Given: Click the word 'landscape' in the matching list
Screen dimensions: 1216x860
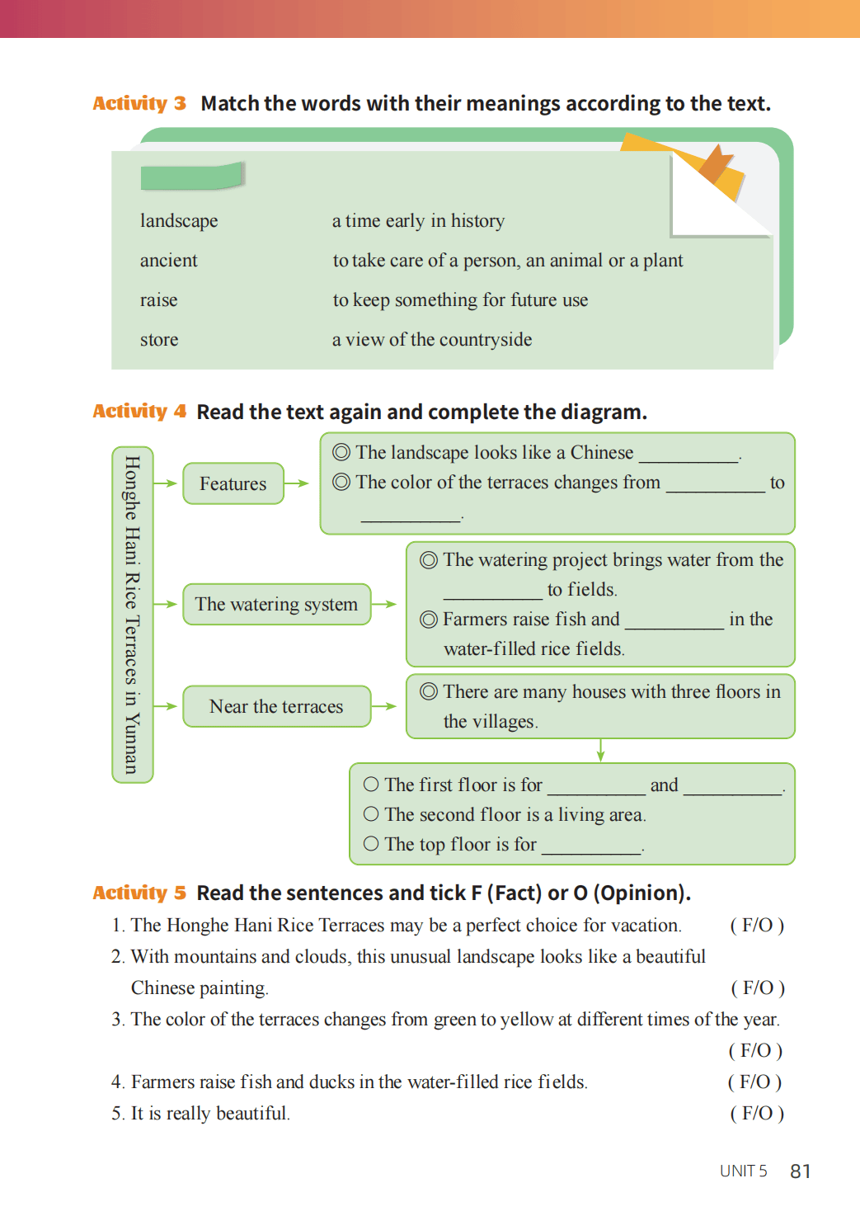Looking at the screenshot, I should pyautogui.click(x=179, y=221).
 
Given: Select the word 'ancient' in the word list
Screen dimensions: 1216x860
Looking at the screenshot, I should pyautogui.click(x=168, y=261).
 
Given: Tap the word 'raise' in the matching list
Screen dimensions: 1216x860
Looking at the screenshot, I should pyautogui.click(x=158, y=300).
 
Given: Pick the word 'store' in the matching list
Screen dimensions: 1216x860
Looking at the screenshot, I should pyautogui.click(x=159, y=340).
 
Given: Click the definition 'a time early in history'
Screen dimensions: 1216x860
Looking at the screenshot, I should pyautogui.click(x=418, y=221).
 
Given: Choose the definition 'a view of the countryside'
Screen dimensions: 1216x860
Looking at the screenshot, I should pyautogui.click(x=432, y=340).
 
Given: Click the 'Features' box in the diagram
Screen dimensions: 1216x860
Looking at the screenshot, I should pyautogui.click(x=233, y=483).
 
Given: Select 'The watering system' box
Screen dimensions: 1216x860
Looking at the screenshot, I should pyautogui.click(x=276, y=605).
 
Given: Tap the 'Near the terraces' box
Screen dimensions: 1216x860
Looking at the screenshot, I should pyautogui.click(x=276, y=707).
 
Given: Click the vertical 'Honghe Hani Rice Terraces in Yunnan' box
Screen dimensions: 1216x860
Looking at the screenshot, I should pyautogui.click(x=132, y=615).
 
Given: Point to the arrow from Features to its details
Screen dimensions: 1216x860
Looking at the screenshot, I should pyautogui.click(x=297, y=483).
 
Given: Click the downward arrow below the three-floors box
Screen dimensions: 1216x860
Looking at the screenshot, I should pyautogui.click(x=600, y=750).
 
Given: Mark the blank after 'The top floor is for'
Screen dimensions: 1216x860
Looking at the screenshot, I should pyautogui.click(x=591, y=848).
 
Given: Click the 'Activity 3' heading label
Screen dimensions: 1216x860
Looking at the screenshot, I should pyautogui.click(x=139, y=103).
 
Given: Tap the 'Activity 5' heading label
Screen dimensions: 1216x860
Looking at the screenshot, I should pyautogui.click(x=139, y=893).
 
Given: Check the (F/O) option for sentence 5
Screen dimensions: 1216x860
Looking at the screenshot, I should pyautogui.click(x=757, y=1113).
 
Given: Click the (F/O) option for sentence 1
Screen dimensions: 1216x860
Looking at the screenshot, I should pyautogui.click(x=757, y=925).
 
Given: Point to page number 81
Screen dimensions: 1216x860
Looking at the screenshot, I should pyautogui.click(x=800, y=1171).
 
